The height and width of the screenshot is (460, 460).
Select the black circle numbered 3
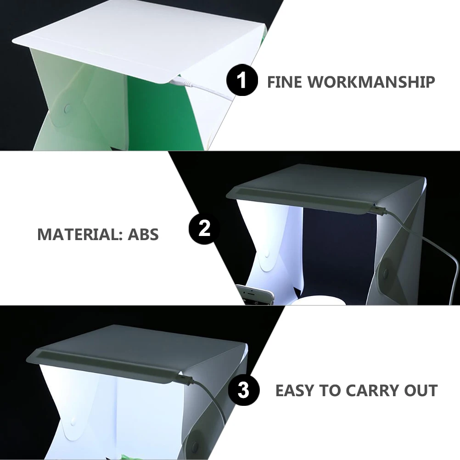244,391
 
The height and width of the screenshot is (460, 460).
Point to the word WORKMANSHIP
371,82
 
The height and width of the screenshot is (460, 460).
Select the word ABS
143,235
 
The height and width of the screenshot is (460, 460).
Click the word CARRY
371,391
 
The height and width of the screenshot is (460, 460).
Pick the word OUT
421,391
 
